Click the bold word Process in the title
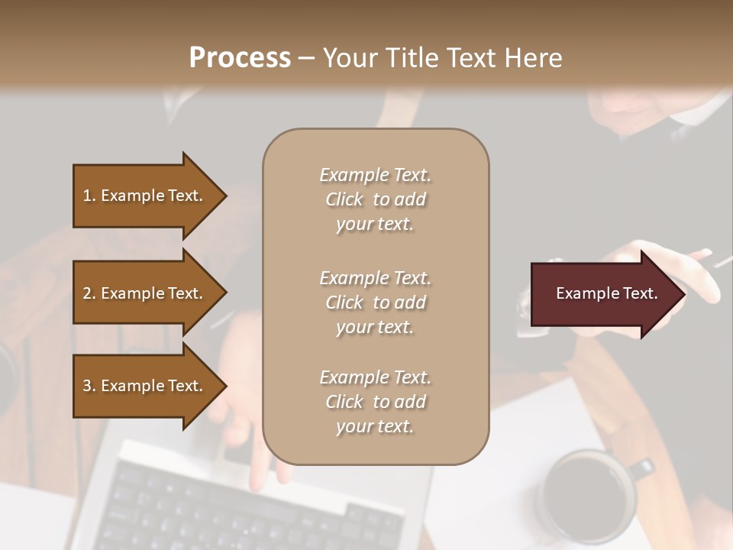coord(240,58)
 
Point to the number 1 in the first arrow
coord(87,196)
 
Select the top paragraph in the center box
coord(375,199)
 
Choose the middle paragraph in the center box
coord(375,302)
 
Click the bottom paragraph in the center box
coord(375,402)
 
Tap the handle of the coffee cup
coord(644,468)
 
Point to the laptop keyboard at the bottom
coord(252,508)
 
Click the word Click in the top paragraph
coord(344,199)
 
